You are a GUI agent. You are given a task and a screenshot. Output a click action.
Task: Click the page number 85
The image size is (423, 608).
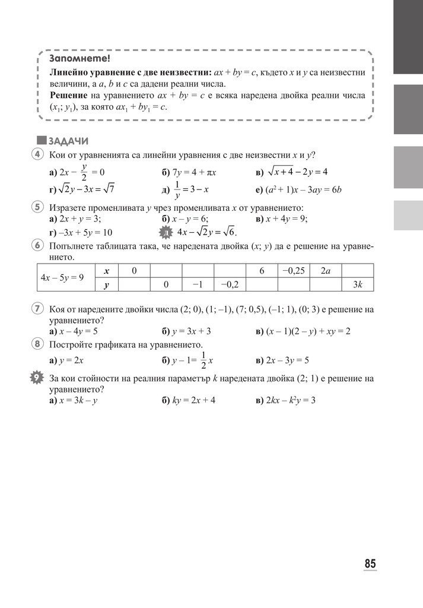pos(370,563)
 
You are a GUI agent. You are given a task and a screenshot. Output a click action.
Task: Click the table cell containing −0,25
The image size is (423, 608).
pos(293,271)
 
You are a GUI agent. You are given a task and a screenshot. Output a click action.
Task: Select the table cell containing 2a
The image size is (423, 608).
pos(325,271)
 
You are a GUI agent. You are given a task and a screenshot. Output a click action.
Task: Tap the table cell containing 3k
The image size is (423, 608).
pos(357,285)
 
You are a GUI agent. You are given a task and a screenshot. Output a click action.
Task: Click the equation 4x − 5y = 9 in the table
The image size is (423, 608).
pos(62,277)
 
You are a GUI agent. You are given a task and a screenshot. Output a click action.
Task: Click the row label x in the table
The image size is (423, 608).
pos(106,271)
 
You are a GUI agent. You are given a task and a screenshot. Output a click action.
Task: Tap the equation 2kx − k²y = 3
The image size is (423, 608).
pos(290,400)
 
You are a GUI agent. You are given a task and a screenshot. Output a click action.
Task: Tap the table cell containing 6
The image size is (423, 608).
pos(261,271)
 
